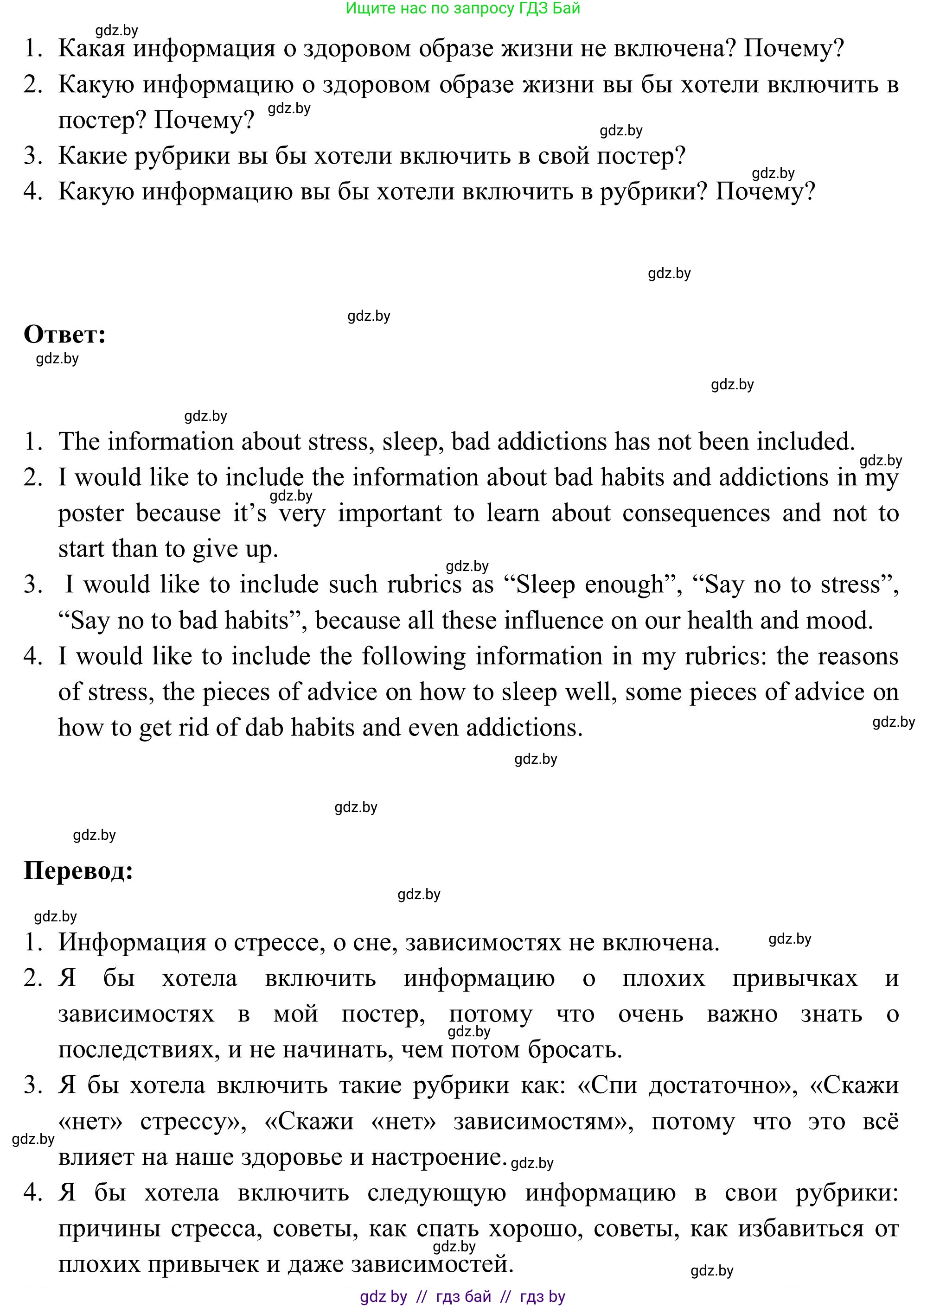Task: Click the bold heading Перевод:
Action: pyautogui.click(x=78, y=870)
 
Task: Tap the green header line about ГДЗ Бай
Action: pyautogui.click(x=462, y=8)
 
